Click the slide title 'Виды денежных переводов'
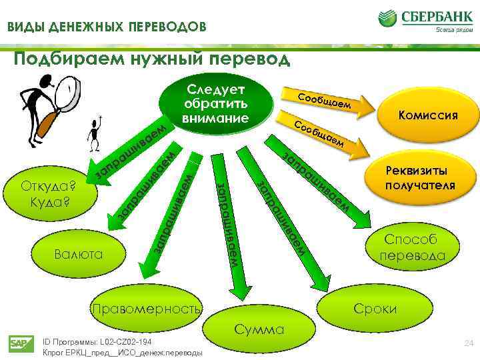107,27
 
